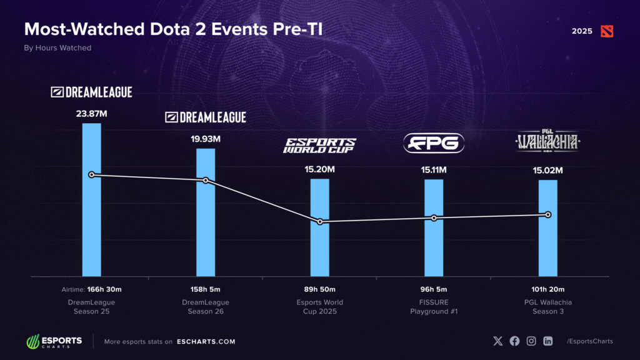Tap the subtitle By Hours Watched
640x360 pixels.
coord(57,48)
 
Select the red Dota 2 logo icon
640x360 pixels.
coord(606,31)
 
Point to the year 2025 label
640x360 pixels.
coord(582,31)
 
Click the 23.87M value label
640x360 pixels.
coord(92,114)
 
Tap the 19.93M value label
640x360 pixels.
coord(206,139)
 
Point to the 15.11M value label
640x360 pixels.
coord(434,169)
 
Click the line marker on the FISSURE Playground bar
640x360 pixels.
coord(434,218)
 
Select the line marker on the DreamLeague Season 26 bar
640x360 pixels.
coord(206,181)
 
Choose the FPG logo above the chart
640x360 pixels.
coord(434,143)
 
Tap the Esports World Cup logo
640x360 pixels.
coord(320,146)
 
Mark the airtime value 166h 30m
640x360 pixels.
coord(104,289)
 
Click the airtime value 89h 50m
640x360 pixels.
coord(320,289)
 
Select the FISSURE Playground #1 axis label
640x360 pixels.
coord(434,307)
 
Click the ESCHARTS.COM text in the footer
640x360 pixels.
coord(205,342)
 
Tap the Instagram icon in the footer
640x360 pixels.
coord(531,341)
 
